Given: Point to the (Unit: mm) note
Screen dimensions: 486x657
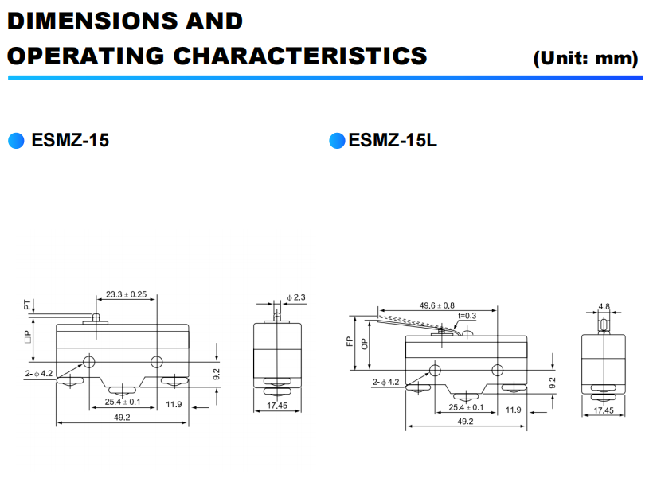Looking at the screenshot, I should coord(586,58).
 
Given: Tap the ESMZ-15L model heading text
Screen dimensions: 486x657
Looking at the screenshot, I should coord(393,142).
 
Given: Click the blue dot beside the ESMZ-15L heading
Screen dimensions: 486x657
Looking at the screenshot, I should coord(337,142).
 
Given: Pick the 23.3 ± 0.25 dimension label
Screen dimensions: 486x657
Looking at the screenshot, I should coord(126,294).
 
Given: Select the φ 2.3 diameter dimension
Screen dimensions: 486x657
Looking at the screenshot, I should coord(296,297).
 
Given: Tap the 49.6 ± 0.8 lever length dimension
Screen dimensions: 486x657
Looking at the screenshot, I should coord(437,305).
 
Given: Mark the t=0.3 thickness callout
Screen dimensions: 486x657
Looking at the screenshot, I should coord(467,316).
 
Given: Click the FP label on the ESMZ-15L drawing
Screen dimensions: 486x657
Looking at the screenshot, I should coord(349,342).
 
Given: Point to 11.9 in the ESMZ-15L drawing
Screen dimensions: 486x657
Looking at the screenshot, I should coord(513,410).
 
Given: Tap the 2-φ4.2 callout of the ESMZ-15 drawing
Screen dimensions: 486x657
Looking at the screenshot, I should coord(38,373).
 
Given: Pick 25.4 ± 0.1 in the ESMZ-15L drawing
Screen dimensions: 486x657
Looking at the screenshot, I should coord(467,408).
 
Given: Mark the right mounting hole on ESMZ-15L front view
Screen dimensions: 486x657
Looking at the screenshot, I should coord(498,370).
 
